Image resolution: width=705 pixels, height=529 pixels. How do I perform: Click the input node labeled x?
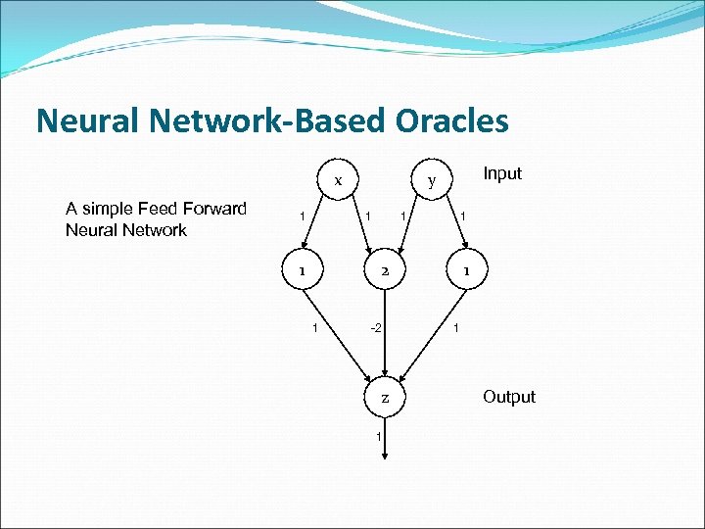point(337,180)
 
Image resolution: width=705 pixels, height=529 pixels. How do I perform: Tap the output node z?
point(385,398)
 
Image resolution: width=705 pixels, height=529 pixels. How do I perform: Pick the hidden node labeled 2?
point(385,270)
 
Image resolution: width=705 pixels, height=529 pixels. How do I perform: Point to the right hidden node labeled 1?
point(468,270)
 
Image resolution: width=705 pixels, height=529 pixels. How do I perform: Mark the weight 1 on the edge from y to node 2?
point(401,215)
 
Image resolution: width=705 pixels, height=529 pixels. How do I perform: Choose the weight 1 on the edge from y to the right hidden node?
point(463,216)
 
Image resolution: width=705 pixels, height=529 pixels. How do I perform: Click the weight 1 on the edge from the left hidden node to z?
point(313,327)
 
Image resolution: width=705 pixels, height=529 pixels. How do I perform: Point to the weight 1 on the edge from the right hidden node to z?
point(455,327)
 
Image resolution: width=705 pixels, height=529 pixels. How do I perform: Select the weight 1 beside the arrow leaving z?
point(377,436)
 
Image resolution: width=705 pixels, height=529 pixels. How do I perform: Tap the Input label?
point(502,173)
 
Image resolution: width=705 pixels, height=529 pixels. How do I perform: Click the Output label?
point(508,397)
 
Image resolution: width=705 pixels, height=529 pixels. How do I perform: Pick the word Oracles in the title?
point(452,120)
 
